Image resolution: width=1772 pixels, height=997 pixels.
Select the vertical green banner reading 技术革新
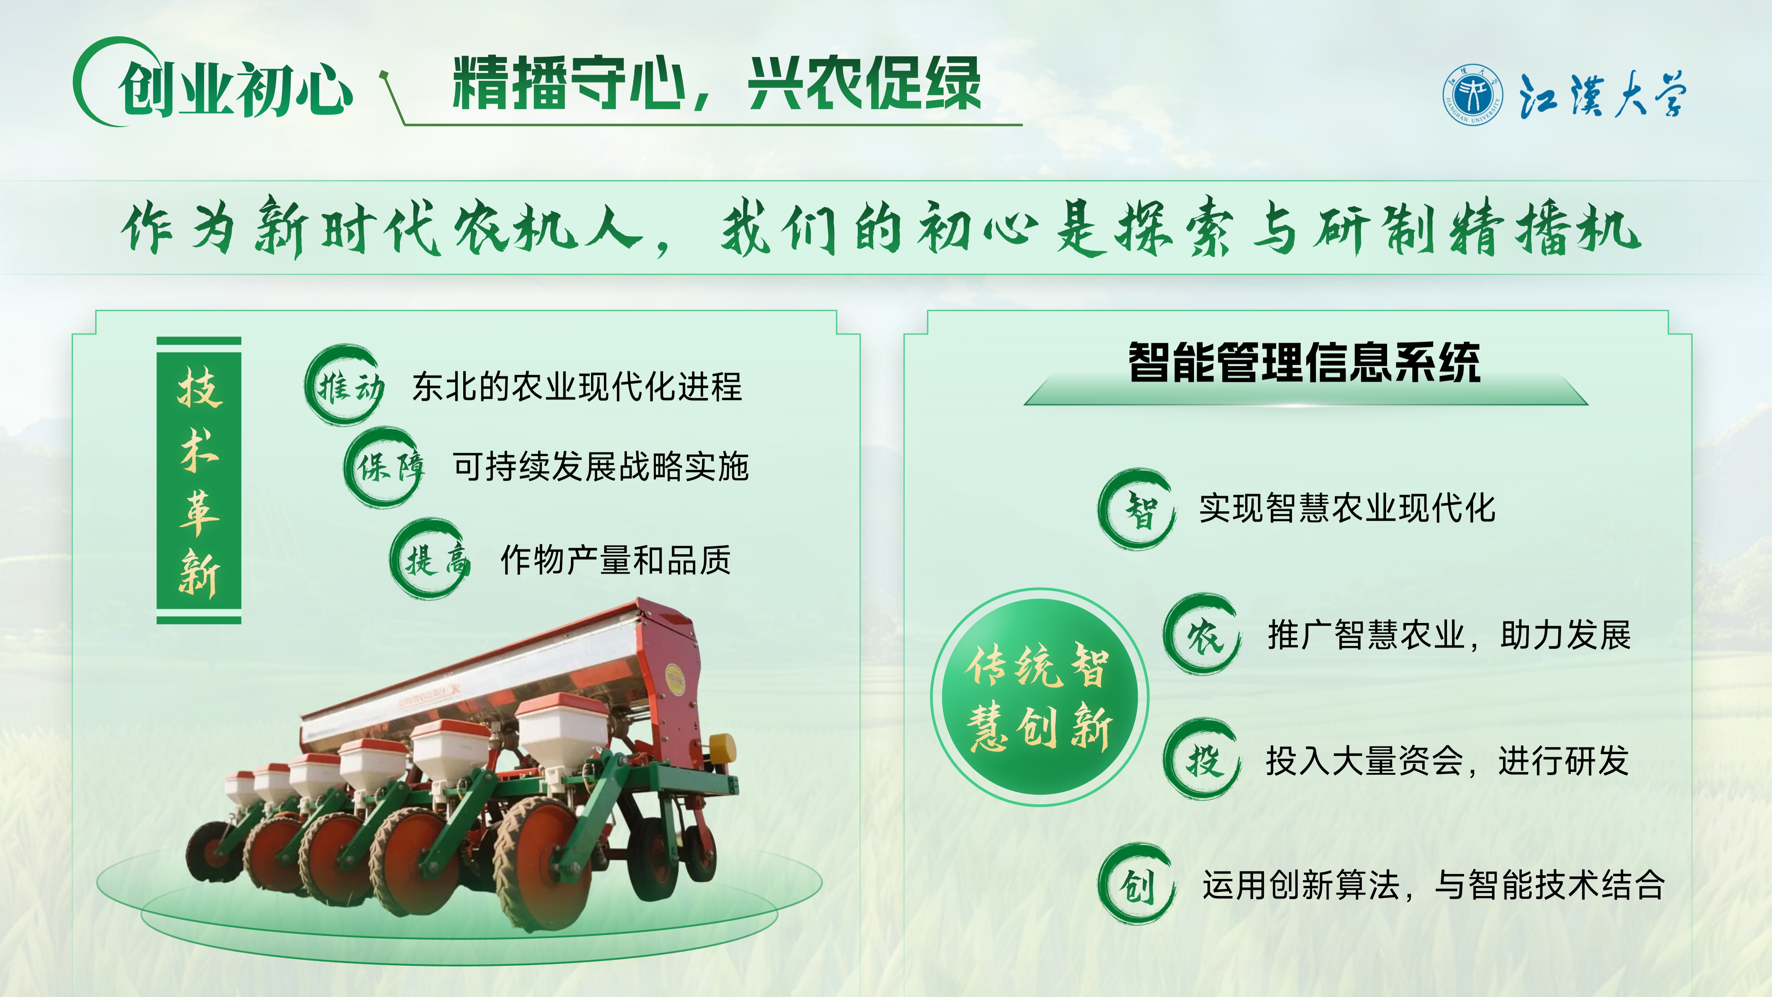199,480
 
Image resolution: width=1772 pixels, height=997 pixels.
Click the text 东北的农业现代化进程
577,387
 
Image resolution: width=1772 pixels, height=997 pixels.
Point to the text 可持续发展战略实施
600,467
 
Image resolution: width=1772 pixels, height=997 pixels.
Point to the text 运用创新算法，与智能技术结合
1434,885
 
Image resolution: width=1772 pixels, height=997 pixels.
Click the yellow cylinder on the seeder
722,748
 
